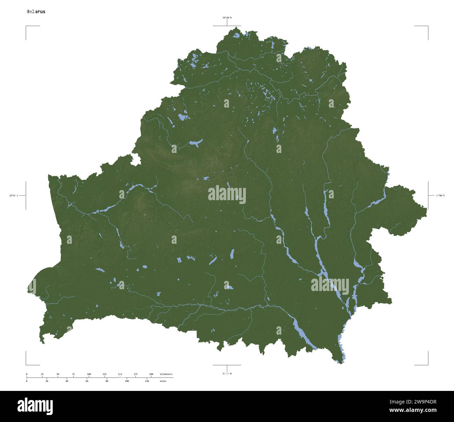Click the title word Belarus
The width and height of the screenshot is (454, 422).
36,12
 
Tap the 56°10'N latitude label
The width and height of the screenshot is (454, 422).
227,17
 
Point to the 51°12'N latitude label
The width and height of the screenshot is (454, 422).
227,373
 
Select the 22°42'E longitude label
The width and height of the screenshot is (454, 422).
14,196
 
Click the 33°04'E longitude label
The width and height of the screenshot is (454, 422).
440,196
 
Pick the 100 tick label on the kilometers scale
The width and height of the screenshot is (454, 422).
89,374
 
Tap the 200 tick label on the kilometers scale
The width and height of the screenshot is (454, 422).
151,374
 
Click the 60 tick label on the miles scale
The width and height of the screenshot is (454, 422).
87,381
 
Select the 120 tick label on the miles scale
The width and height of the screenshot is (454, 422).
147,381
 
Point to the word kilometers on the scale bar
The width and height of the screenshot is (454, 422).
166,374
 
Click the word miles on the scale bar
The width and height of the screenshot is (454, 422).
163,381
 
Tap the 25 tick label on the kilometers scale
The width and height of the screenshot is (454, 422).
42,374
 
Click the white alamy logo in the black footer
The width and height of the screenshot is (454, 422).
35,406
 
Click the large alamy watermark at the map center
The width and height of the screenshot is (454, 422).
227,195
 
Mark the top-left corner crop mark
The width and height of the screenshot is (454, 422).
26,26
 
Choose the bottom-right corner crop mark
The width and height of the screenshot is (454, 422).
428,365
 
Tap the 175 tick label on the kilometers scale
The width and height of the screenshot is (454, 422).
136,374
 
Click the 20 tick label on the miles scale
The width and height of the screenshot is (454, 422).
47,381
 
